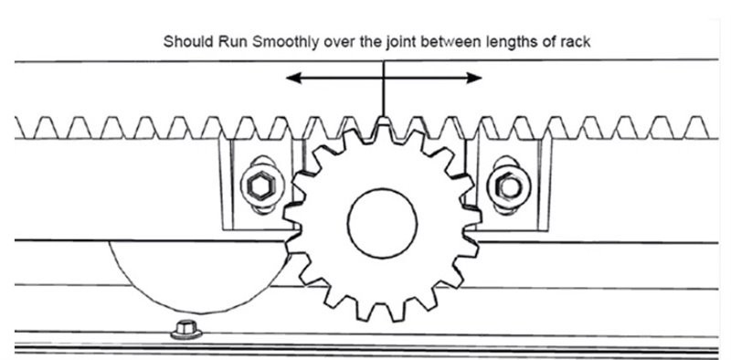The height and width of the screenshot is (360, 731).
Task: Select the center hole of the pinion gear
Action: point(382,221)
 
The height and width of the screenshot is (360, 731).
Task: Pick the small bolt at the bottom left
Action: point(186,326)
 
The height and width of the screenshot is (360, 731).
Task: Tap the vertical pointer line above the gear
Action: point(384,91)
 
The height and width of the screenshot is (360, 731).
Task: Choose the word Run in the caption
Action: point(230,41)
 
